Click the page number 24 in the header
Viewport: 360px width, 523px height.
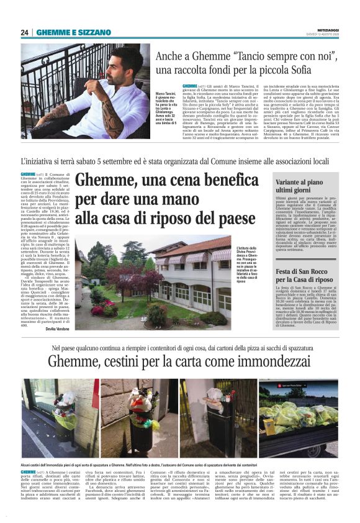coord(24,32)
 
